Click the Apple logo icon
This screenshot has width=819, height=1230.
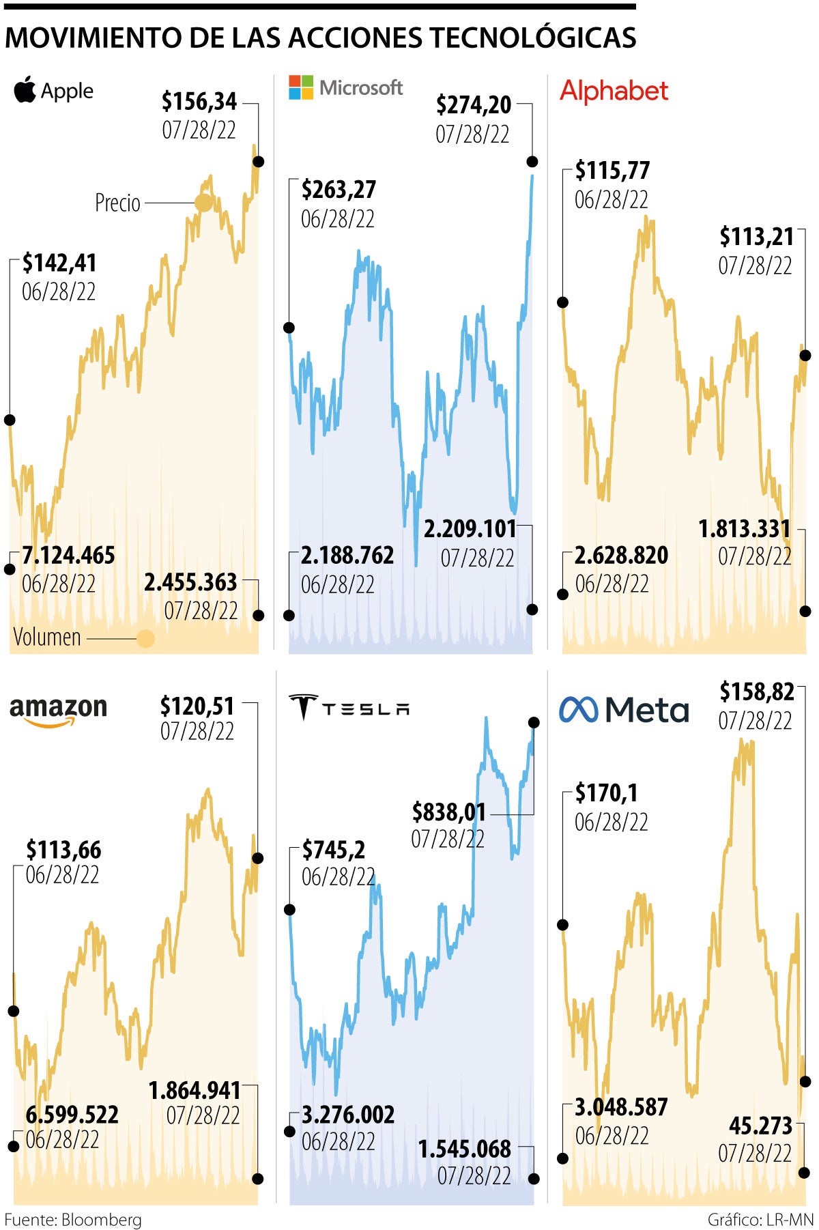(x=25, y=90)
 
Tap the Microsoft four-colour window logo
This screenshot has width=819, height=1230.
(x=300, y=87)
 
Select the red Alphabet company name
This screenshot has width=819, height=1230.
(x=614, y=91)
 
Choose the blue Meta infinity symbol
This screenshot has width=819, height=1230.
(x=578, y=710)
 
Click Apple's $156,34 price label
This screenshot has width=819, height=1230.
(x=199, y=102)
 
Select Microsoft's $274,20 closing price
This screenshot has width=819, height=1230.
(x=474, y=105)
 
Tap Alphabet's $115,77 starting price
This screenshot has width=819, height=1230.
(x=612, y=171)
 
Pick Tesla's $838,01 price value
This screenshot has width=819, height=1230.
(x=448, y=812)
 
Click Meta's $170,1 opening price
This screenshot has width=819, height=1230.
(x=606, y=793)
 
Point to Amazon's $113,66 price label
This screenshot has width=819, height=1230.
(x=63, y=850)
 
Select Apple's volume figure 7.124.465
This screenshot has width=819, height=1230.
(x=68, y=556)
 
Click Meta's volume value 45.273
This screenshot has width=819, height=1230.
(x=760, y=1126)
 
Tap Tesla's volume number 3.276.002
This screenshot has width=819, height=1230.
(x=348, y=1115)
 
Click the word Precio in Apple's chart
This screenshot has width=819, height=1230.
(x=117, y=203)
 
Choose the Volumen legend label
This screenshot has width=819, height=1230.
(x=47, y=638)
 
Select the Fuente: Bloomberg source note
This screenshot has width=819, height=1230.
(x=73, y=1220)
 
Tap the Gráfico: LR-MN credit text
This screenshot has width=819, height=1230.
(x=760, y=1220)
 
